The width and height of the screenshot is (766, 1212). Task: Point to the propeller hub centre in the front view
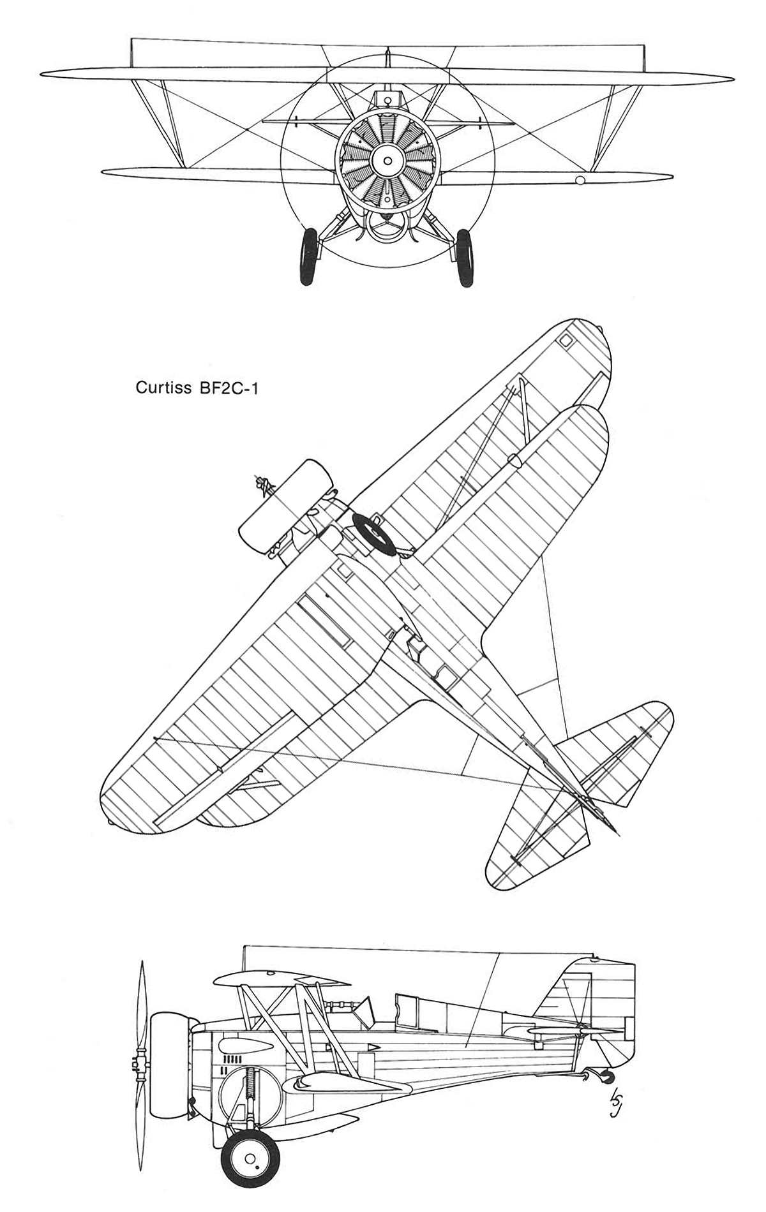(386, 161)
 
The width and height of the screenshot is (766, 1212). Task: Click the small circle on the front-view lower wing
(580, 181)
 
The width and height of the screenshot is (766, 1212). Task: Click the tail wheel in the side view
(608, 1077)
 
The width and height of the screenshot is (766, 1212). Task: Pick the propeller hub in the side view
(135, 1060)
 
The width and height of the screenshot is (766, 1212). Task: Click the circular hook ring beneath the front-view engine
(386, 226)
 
